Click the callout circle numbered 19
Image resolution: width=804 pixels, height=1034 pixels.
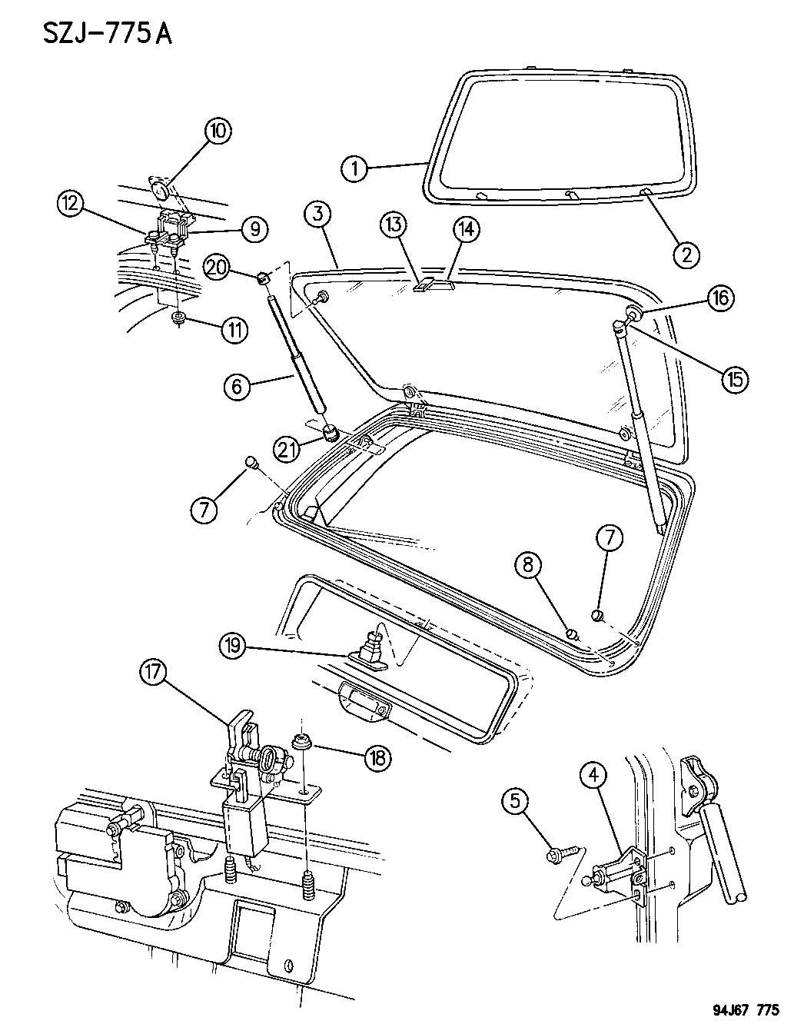(x=231, y=646)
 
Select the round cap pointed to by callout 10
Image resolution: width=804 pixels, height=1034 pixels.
(x=160, y=189)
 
